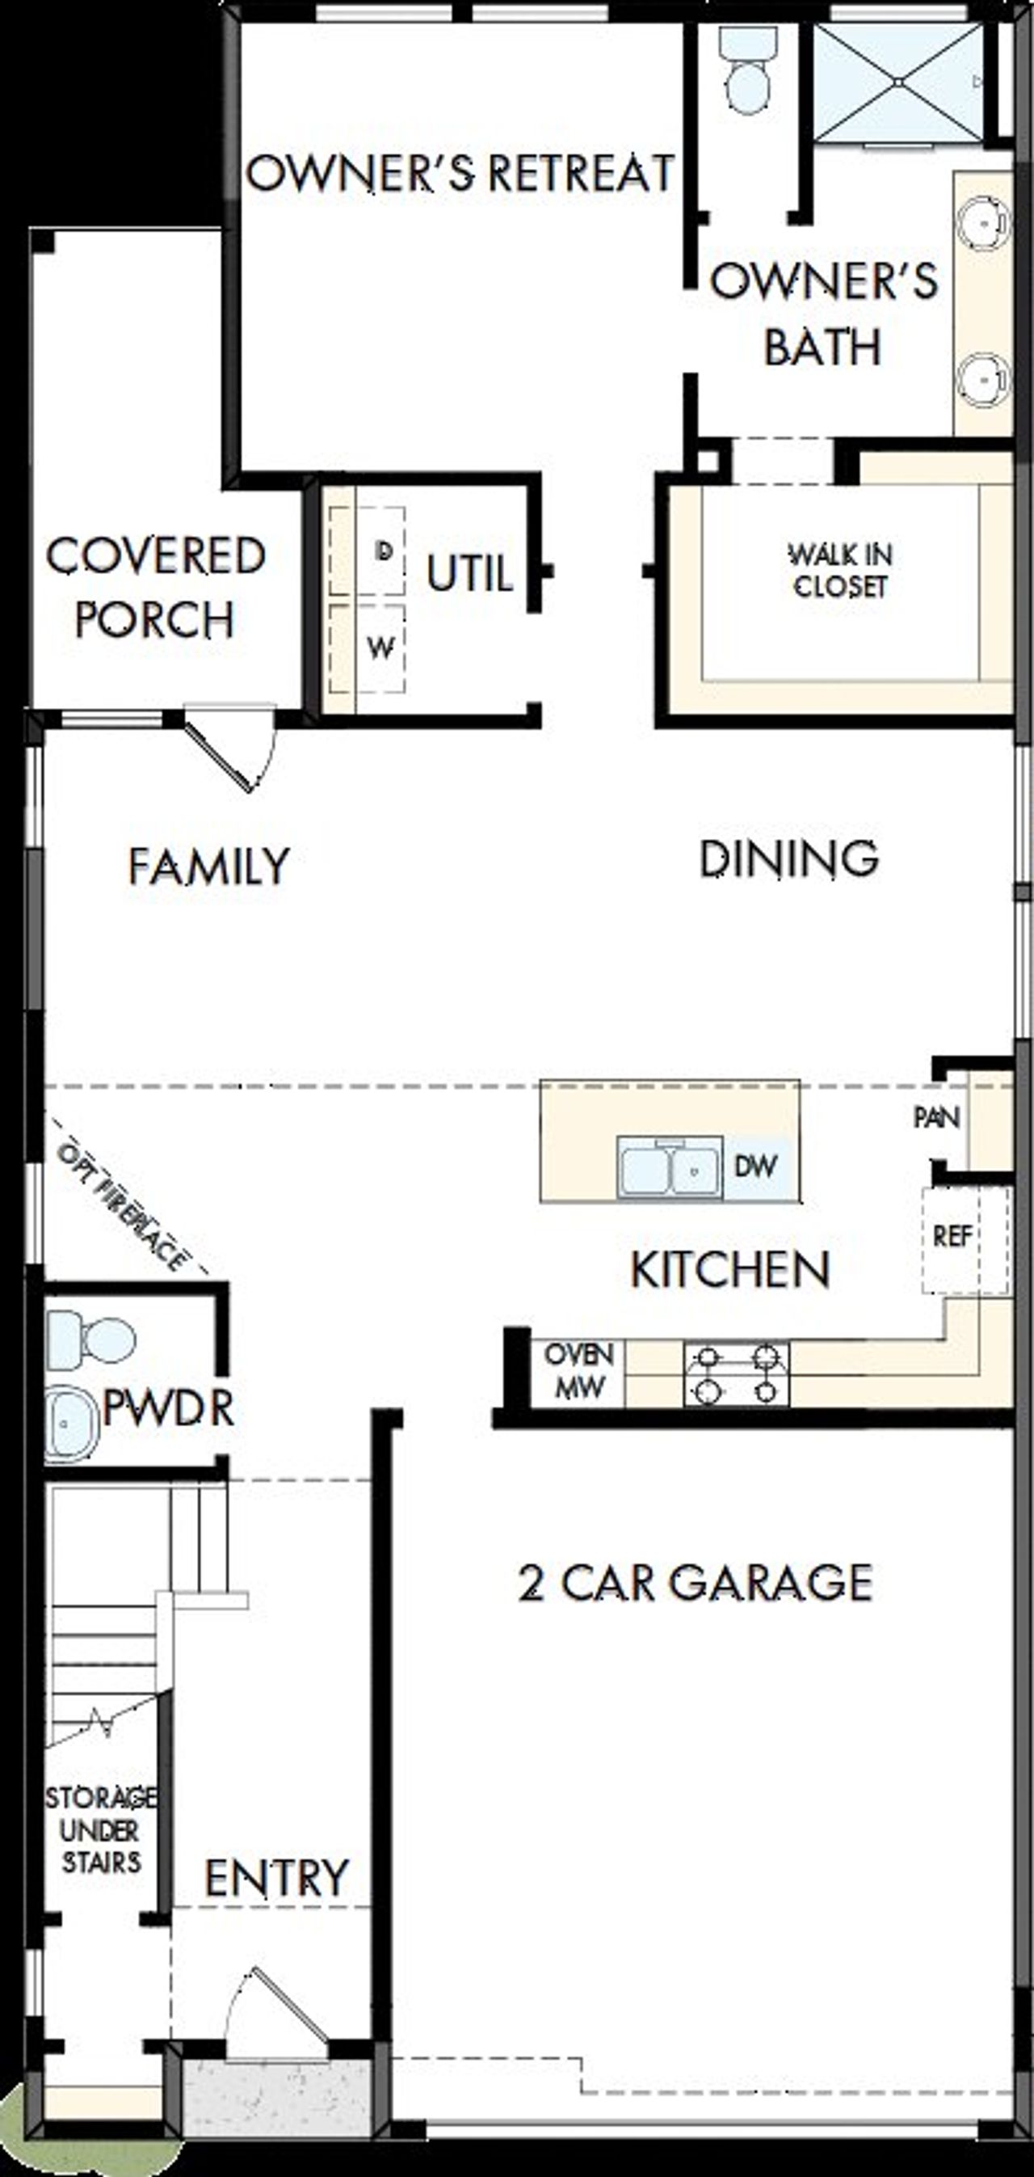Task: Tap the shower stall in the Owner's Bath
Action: click(899, 82)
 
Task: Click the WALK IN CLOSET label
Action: click(841, 571)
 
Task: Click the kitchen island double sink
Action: click(670, 1170)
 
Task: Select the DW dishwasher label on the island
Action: click(755, 1167)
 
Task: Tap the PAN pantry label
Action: click(936, 1118)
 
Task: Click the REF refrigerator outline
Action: click(964, 1239)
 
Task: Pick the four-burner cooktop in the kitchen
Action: click(736, 1373)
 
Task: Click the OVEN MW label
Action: click(578, 1371)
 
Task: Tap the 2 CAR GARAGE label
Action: click(695, 1583)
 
